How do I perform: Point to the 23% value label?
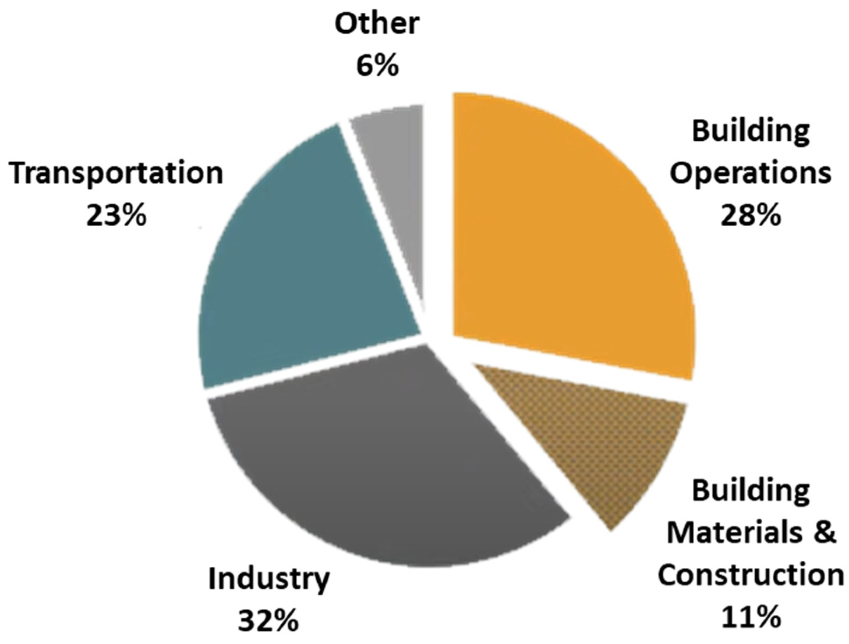click(x=116, y=216)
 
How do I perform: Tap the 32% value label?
click(x=268, y=621)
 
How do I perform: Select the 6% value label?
click(x=377, y=66)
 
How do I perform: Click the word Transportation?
click(x=116, y=173)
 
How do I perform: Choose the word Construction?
click(x=750, y=574)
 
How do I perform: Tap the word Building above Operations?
click(x=750, y=131)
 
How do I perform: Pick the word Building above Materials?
click(x=750, y=491)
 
